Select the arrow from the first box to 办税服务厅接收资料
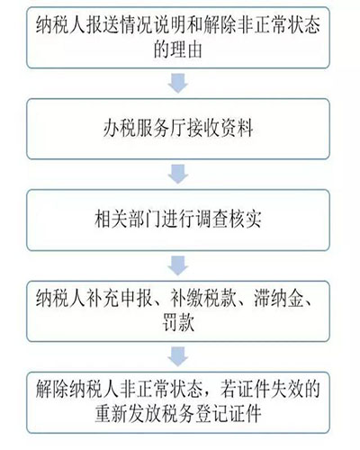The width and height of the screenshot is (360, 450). pos(178,83)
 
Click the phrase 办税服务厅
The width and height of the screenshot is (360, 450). pos(145,129)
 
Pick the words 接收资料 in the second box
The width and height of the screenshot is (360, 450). pos(220,129)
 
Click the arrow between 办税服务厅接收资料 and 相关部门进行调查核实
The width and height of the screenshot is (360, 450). pos(178,174)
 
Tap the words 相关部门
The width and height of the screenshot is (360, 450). pos(128,220)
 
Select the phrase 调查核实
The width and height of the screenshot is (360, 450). pos(229,220)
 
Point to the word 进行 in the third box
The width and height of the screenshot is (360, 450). pos(178,220)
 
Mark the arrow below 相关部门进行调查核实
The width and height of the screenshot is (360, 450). pos(178,265)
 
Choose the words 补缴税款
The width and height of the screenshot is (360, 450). pos(203,299)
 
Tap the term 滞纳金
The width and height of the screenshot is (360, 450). pos(278,299)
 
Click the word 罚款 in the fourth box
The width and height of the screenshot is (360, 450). pos(178,323)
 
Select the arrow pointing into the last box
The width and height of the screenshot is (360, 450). pos(178,356)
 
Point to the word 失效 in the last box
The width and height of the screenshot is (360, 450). pos(286,390)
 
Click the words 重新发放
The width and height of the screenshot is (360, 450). pos(128,414)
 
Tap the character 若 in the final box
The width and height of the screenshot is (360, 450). pos(229,390)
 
